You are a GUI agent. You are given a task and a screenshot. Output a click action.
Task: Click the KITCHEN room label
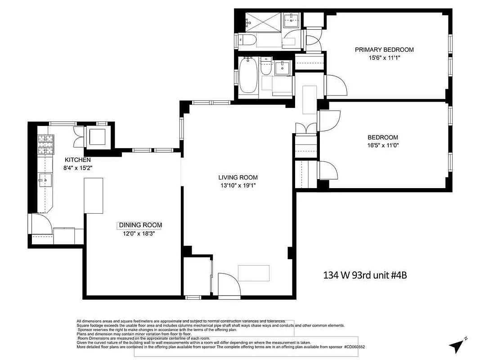(78, 160)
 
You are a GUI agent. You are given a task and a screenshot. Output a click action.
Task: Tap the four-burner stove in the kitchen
(45, 145)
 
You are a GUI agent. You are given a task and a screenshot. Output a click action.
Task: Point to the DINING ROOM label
(140, 225)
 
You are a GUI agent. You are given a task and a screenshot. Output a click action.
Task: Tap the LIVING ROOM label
(238, 177)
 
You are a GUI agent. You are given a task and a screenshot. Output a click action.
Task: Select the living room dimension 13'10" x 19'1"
(238, 185)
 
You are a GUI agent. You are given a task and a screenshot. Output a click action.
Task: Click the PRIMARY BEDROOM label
(384, 49)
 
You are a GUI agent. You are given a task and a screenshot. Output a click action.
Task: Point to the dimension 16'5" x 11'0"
(383, 145)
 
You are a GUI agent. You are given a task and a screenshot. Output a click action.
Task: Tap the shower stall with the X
(262, 22)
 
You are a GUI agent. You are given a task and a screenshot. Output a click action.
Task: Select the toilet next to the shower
(247, 40)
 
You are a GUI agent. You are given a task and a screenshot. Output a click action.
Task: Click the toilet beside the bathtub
(266, 68)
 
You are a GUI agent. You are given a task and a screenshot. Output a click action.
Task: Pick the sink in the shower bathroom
(292, 19)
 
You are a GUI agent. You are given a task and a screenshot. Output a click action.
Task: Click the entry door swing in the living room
(227, 284)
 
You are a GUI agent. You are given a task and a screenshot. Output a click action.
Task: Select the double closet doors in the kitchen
(78, 135)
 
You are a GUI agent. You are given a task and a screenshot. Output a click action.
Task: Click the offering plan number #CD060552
(354, 347)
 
